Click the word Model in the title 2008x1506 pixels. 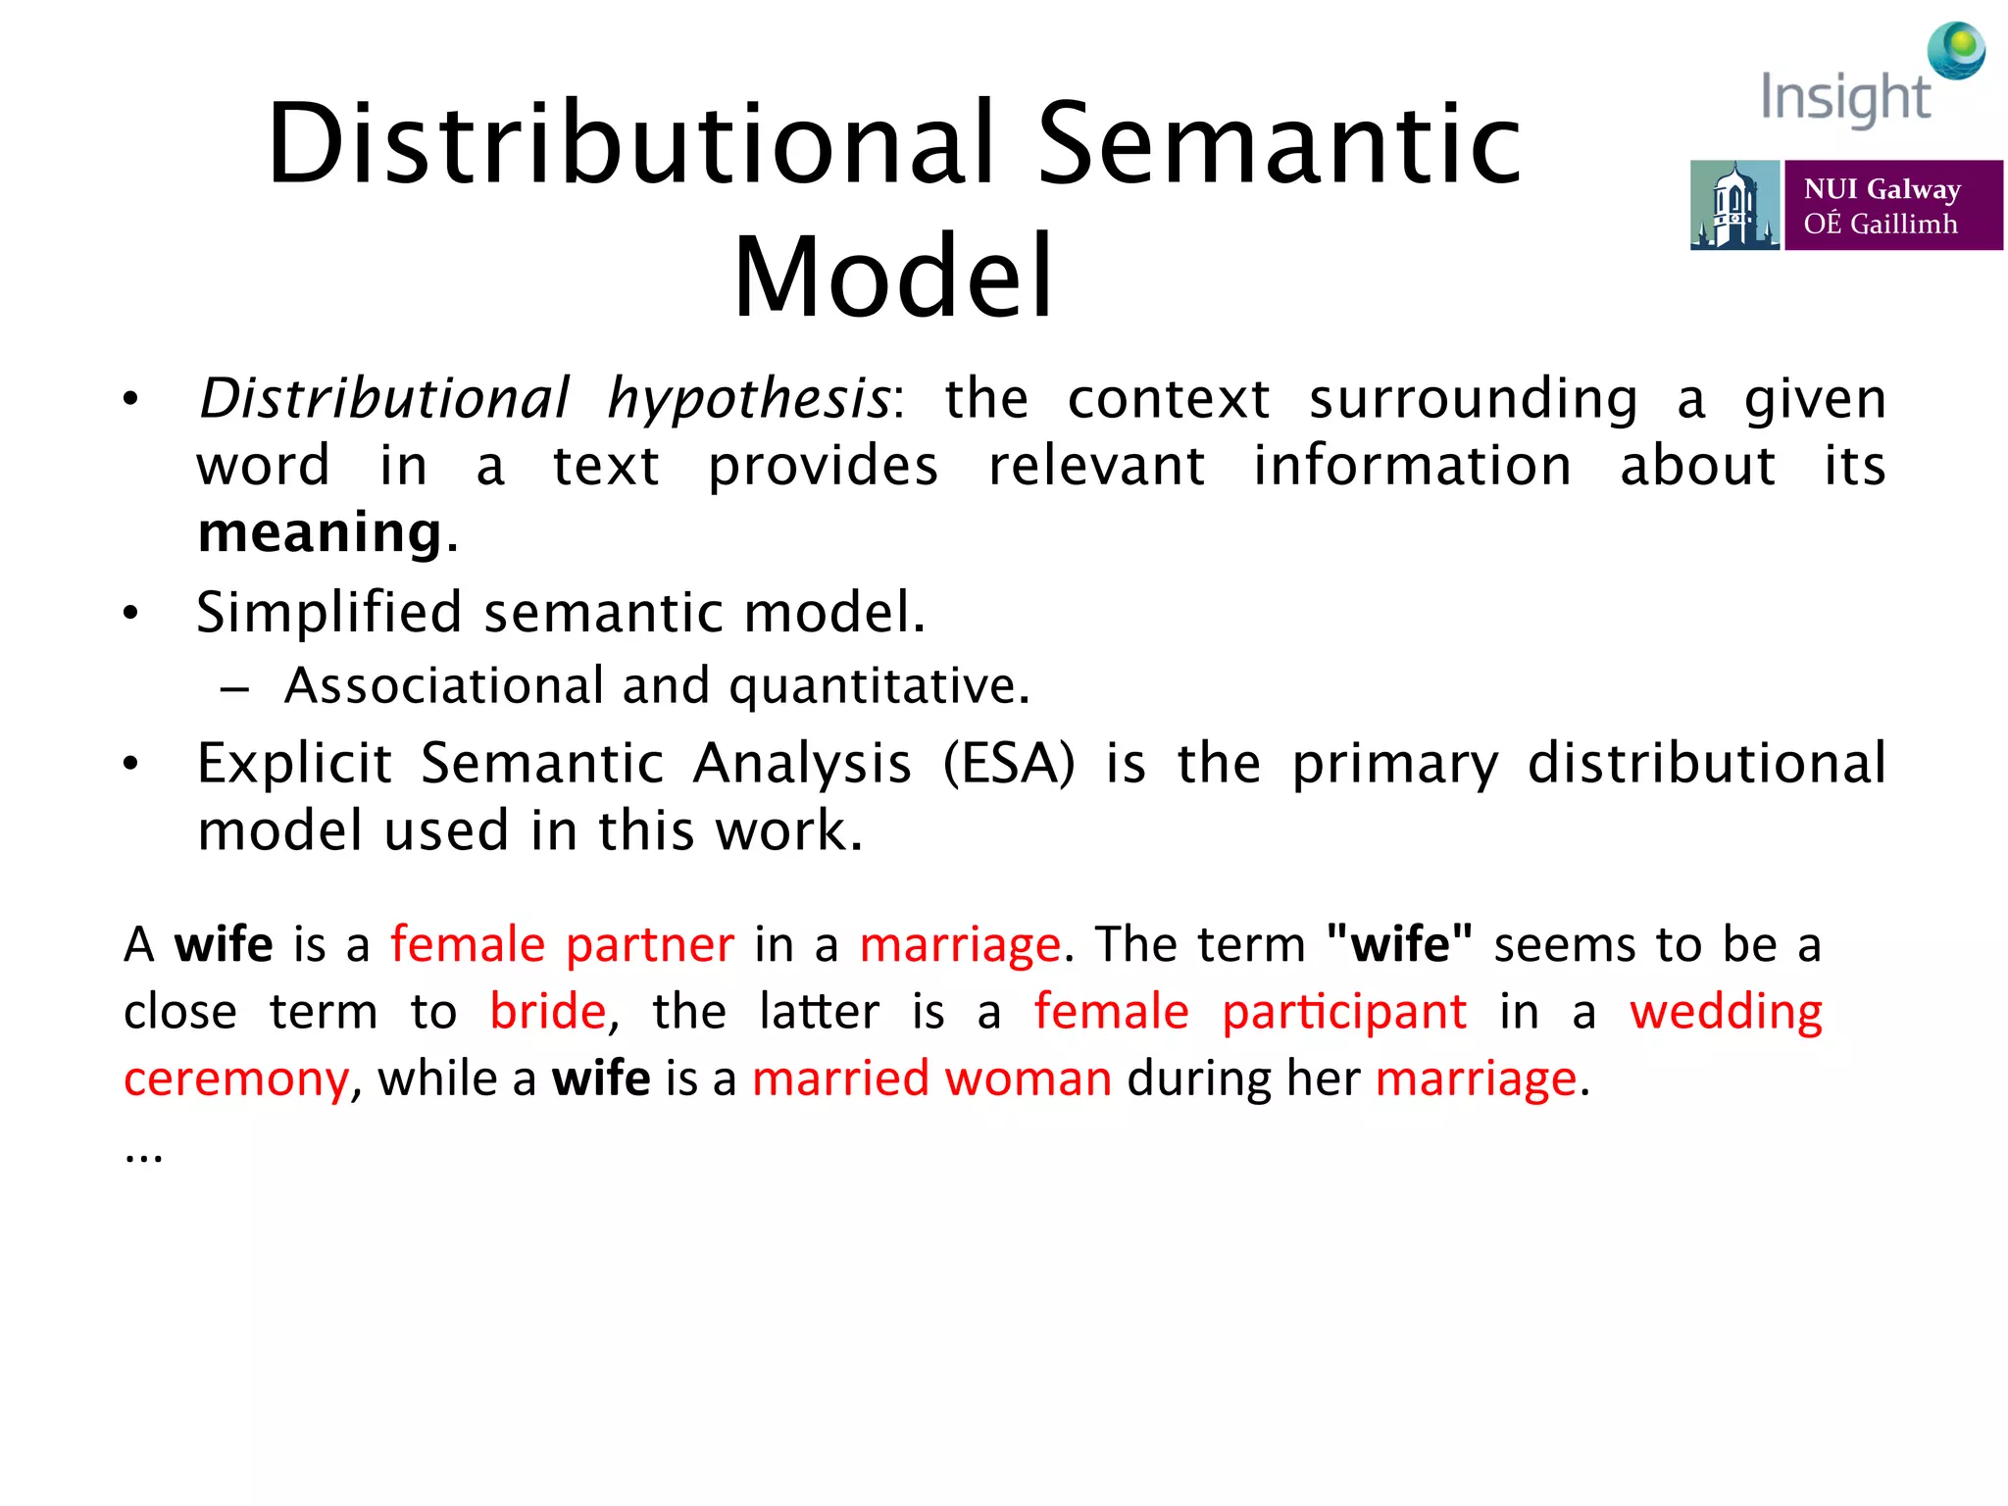893,277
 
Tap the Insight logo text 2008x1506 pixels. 1845,98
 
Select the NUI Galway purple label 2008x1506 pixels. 1892,205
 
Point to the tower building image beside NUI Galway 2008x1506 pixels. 1733,205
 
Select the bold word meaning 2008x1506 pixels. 321,532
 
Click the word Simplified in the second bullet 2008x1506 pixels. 328,613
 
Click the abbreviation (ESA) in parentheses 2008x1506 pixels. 1009,764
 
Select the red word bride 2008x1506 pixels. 548,1012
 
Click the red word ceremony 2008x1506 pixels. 235,1079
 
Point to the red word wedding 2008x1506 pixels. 1726,1012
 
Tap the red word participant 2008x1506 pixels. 1343,1012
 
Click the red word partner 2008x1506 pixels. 649,945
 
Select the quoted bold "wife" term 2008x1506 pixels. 1398,945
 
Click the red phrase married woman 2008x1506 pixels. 931,1079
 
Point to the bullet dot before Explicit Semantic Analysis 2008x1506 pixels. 130,765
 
